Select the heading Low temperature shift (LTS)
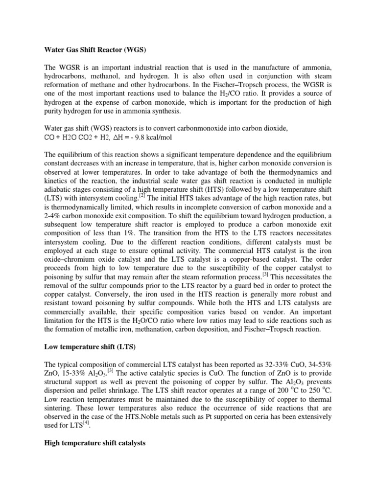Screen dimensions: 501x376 (x=87, y=348)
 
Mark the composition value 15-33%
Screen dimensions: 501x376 (x=79, y=374)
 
